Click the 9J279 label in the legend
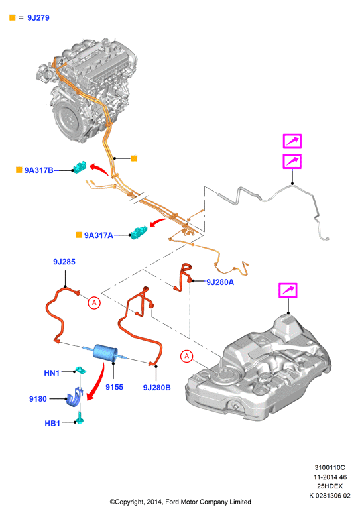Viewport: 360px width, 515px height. tap(38, 18)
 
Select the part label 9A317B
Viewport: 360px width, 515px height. tap(38, 170)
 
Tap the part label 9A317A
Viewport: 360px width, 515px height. tap(99, 235)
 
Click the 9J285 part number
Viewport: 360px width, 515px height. tap(64, 262)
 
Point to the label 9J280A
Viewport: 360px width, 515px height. tap(220, 282)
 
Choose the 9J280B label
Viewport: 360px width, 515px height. tap(156, 388)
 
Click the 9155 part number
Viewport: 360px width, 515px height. tap(114, 387)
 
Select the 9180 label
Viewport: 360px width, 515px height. tap(38, 399)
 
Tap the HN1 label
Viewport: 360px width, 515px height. tap(52, 372)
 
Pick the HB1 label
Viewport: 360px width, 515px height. tap(52, 423)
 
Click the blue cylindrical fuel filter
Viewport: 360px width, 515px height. tap(105, 353)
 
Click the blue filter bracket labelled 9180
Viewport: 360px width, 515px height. tap(74, 397)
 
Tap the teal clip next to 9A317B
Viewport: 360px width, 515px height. tap(80, 167)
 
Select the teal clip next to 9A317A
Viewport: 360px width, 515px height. tap(139, 232)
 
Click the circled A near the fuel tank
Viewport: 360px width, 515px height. tap(187, 356)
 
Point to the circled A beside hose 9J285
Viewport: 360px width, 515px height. tap(94, 302)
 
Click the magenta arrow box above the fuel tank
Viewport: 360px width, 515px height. tap(288, 290)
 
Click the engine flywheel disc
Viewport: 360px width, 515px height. tap(68, 119)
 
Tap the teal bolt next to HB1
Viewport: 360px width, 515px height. tap(80, 420)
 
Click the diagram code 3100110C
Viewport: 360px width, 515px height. tap(330, 467)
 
